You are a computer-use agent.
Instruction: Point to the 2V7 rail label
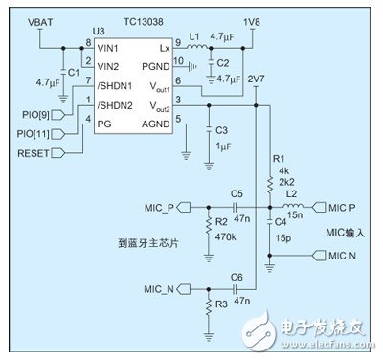(254, 79)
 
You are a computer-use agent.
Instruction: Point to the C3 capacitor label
(220, 129)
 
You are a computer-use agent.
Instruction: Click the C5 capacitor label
(236, 192)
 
